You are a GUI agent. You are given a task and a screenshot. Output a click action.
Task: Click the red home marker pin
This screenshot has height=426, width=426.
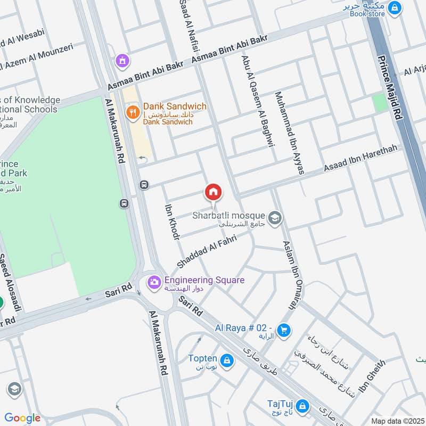[214, 192]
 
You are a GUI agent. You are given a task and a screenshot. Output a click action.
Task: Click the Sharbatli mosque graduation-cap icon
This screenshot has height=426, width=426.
[275, 218]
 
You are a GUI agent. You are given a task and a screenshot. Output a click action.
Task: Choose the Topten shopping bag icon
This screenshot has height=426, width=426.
[227, 361]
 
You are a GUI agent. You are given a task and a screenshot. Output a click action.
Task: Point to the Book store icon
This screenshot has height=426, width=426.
[395, 7]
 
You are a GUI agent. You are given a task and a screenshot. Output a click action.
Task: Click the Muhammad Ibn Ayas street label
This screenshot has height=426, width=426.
[289, 133]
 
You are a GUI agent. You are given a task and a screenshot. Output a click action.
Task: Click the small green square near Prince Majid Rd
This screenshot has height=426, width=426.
[380, 103]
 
